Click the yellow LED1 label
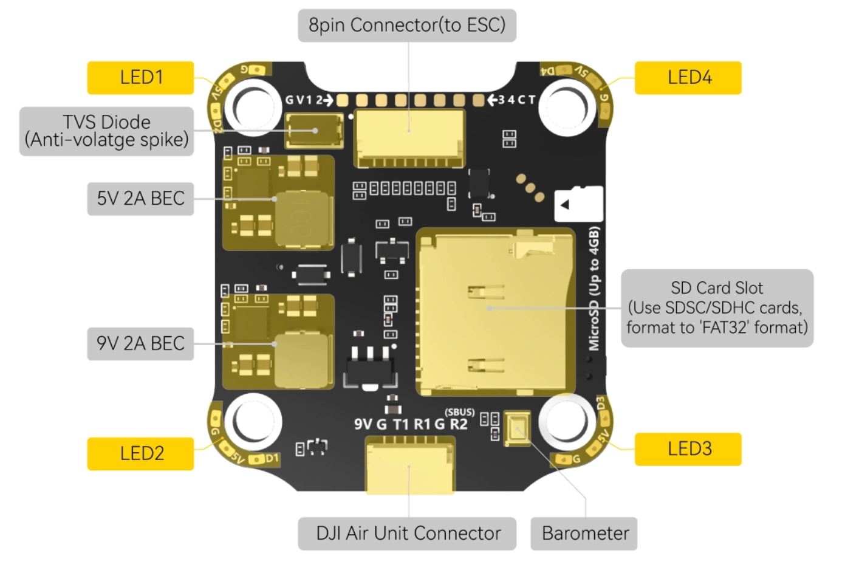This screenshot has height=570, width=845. click(140, 77)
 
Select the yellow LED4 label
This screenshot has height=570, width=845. click(688, 77)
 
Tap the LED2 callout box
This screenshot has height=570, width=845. click(140, 453)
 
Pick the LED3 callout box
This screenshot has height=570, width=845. click(688, 449)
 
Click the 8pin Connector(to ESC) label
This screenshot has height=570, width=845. click(406, 25)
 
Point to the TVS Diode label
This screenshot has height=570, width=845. click(107, 131)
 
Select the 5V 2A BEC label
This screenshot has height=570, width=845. click(140, 198)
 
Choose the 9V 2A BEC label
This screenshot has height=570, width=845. click(140, 343)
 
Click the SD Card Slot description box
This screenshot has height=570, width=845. click(717, 307)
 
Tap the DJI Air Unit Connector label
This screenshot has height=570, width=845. click(408, 534)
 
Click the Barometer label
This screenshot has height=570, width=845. click(584, 534)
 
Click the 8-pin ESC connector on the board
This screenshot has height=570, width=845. click(409, 137)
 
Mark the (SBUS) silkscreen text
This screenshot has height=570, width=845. click(459, 412)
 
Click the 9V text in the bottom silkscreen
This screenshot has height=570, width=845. click(363, 424)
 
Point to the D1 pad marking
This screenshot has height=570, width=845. click(272, 458)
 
